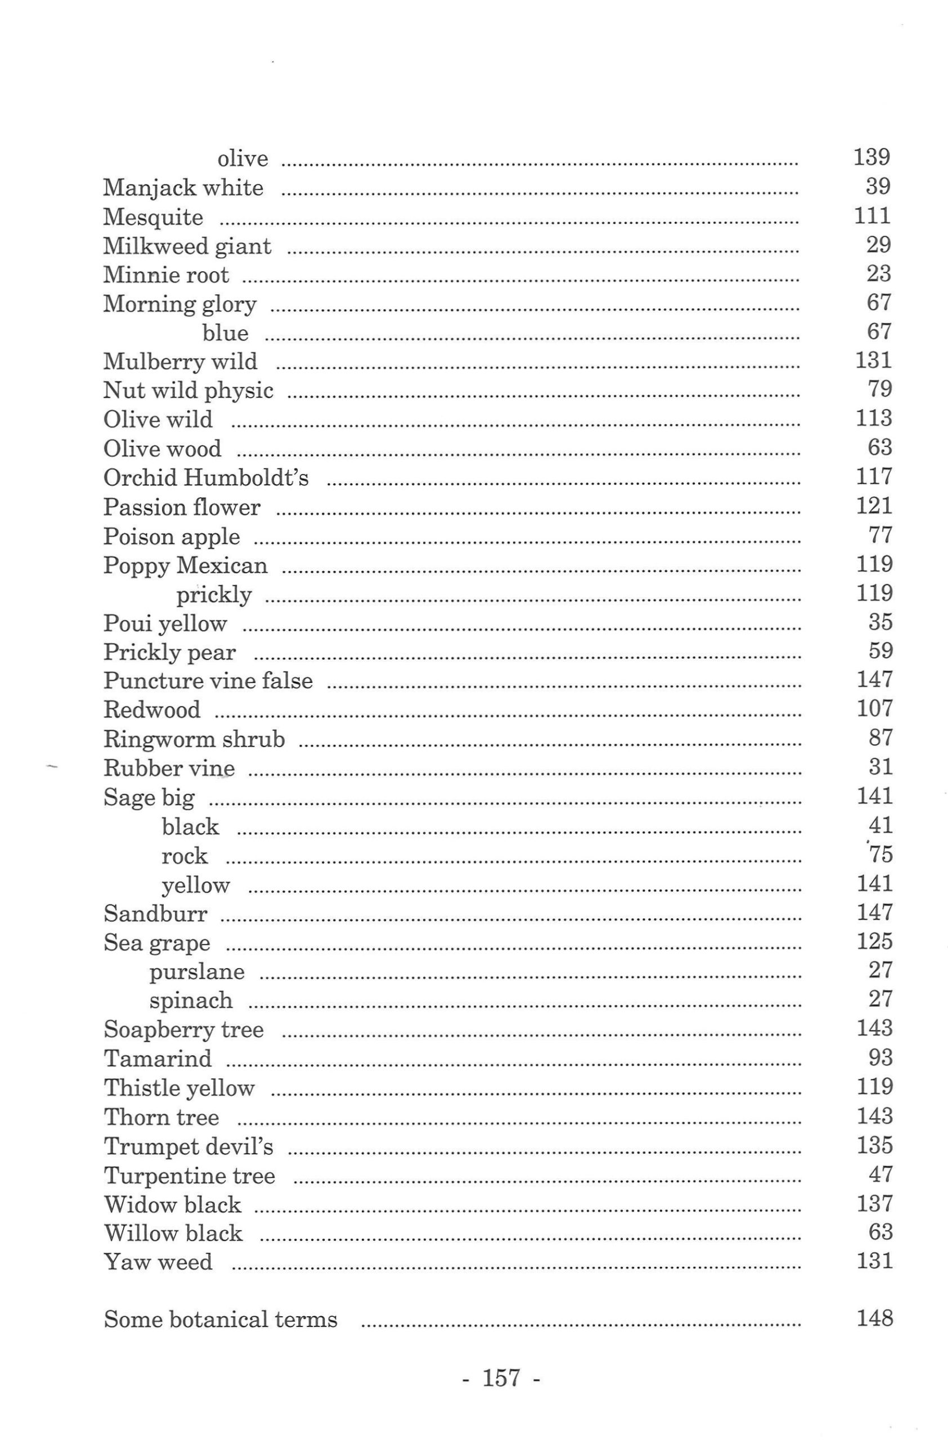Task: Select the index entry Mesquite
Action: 153,217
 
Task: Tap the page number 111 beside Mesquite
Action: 872,215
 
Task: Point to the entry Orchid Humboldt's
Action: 206,478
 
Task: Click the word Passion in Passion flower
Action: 137,507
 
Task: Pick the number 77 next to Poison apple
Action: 880,535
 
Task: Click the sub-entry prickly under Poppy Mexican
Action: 214,595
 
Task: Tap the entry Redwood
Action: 152,710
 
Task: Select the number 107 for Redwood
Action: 874,708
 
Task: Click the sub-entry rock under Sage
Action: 185,856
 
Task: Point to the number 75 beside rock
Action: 880,854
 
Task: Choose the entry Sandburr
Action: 155,913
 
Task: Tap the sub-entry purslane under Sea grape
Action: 197,971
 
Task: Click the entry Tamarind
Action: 158,1059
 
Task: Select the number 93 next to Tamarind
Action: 880,1057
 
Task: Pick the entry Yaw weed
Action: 158,1262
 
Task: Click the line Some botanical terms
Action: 221,1320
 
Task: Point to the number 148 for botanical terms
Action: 874,1318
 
